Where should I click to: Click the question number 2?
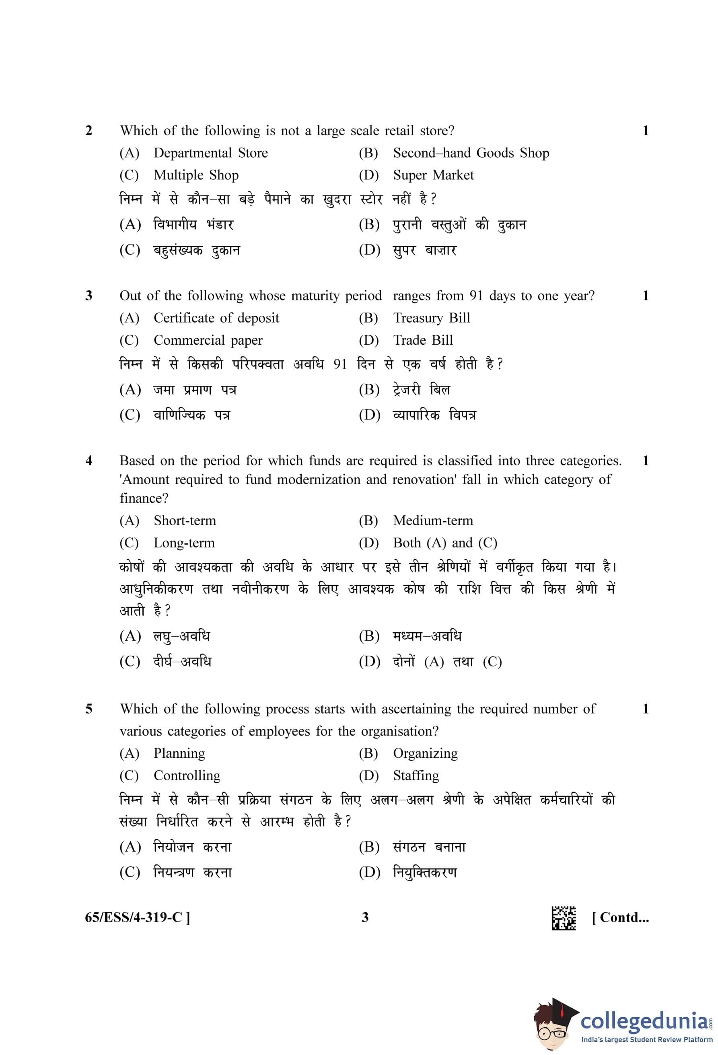(89, 131)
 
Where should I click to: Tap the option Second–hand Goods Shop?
(471, 153)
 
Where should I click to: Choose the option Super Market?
(433, 175)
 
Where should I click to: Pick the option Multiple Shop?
(195, 175)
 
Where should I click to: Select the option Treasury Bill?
(431, 318)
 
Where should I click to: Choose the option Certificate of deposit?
(216, 318)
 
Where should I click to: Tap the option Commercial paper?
(208, 340)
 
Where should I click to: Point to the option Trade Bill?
(422, 340)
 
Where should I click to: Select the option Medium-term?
(432, 521)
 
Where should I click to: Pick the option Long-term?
(184, 543)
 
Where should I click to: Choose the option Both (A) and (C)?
(445, 543)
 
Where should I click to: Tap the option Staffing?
(416, 775)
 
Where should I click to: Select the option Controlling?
(187, 775)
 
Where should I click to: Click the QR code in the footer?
(564, 918)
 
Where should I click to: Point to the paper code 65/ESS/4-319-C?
(138, 917)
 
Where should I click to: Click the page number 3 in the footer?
(365, 917)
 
